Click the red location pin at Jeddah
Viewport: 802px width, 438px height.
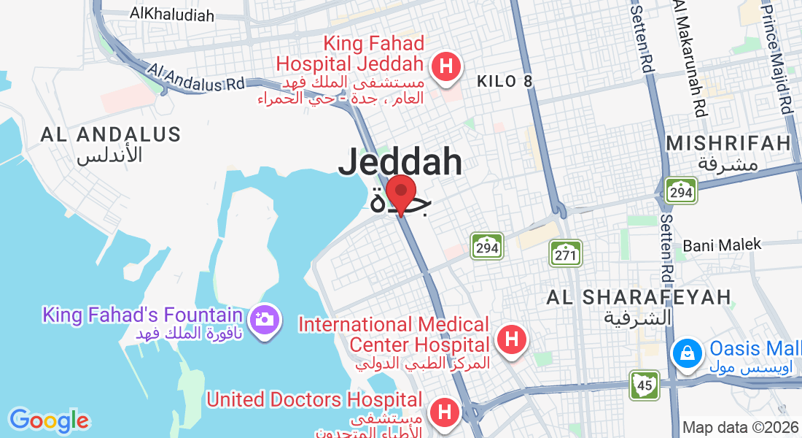point(400,194)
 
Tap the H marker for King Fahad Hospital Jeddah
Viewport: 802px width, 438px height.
point(446,68)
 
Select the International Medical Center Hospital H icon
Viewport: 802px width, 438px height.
point(512,339)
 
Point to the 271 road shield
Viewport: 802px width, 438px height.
point(566,254)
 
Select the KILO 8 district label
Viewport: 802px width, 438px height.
point(505,81)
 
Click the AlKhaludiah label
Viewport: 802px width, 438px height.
point(172,14)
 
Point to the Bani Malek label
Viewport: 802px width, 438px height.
point(722,245)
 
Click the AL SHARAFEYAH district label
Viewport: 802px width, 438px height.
point(639,296)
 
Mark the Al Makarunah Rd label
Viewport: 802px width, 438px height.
point(690,58)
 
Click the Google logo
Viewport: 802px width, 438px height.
point(49,420)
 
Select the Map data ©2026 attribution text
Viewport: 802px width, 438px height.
point(740,427)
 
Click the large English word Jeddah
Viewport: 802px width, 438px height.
point(400,162)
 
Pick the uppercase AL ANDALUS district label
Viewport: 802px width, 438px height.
point(111,134)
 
